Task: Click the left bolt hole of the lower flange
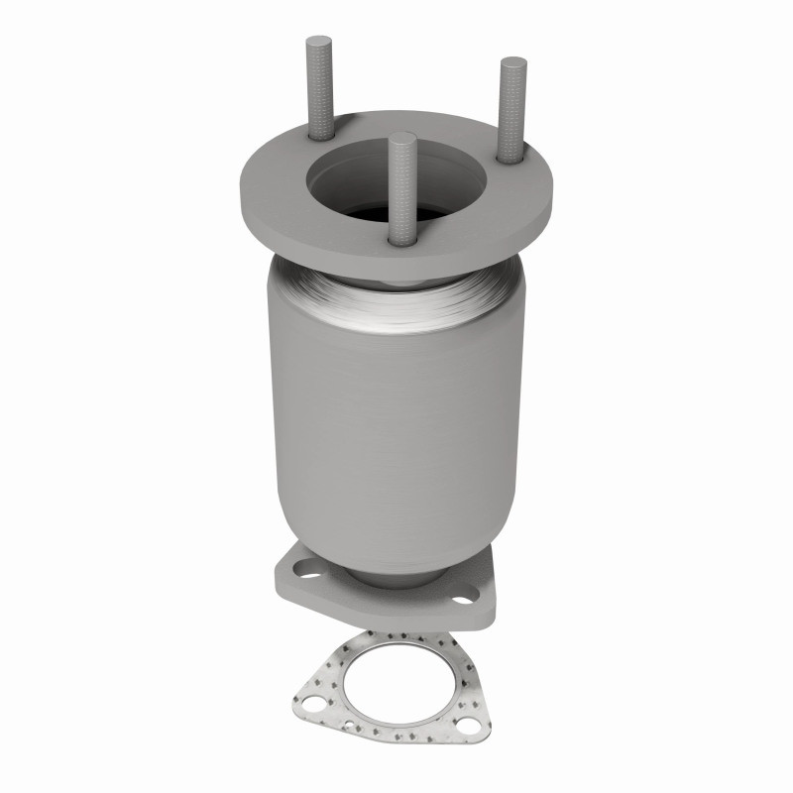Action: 302,571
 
